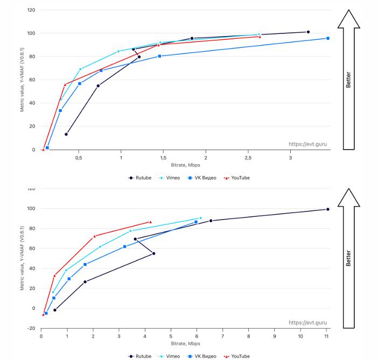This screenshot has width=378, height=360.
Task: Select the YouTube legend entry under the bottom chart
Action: [x=237, y=356]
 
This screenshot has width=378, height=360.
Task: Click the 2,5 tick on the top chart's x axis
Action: [x=248, y=158]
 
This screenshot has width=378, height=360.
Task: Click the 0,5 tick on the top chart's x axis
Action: [x=79, y=158]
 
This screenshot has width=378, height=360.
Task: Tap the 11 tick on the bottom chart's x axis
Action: [x=327, y=336]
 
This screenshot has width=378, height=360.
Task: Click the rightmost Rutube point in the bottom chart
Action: [x=327, y=209]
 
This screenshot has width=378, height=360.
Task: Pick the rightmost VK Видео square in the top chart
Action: [x=327, y=38]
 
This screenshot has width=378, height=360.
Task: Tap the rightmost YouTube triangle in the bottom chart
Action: [x=150, y=222]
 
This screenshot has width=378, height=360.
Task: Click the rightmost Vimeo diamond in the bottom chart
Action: [x=200, y=218]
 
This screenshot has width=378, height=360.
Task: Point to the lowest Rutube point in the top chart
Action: [x=66, y=134]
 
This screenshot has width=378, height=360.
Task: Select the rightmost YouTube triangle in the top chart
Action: [x=260, y=37]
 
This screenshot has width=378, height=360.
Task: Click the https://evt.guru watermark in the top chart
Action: [x=307, y=144]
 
